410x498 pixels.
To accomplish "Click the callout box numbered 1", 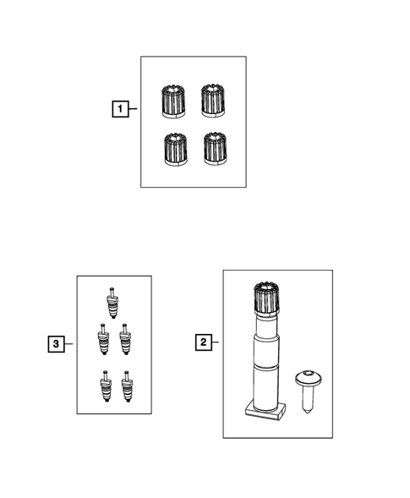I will click(x=123, y=109).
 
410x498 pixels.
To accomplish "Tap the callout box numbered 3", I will click(x=55, y=344).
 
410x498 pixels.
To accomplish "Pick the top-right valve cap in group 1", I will click(x=215, y=101).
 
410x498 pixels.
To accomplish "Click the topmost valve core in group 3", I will click(x=112, y=303).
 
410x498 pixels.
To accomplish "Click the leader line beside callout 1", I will click(x=135, y=109).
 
